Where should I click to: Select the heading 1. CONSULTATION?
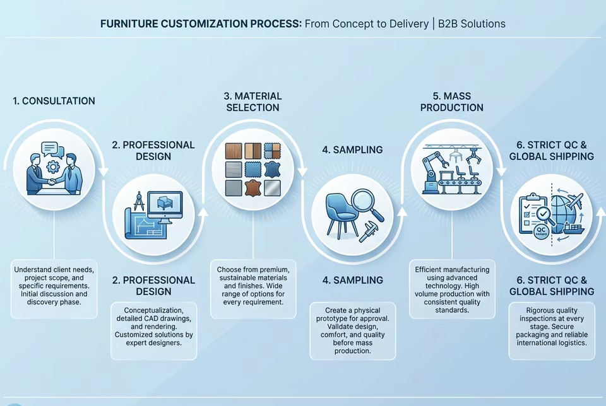(54, 101)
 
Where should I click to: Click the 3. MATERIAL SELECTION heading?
(252, 102)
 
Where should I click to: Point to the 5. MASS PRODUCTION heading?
(452, 102)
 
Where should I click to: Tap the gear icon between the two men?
(53, 166)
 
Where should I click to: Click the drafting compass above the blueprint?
(139, 200)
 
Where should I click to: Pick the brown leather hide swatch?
(252, 188)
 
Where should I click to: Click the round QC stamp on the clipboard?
(541, 231)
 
